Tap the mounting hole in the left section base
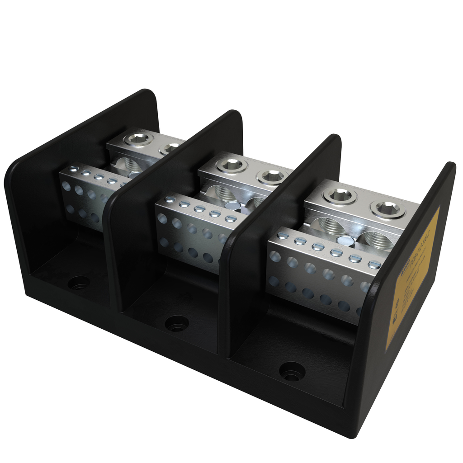coord(79,283)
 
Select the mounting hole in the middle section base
coord(177,323)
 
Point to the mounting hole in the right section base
coord(292,371)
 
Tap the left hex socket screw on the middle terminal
coord(231,165)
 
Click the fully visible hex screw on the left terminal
coord(138,139)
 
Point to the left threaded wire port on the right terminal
coord(328,226)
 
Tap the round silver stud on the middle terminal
coord(232,205)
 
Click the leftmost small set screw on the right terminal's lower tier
coord(283,236)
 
